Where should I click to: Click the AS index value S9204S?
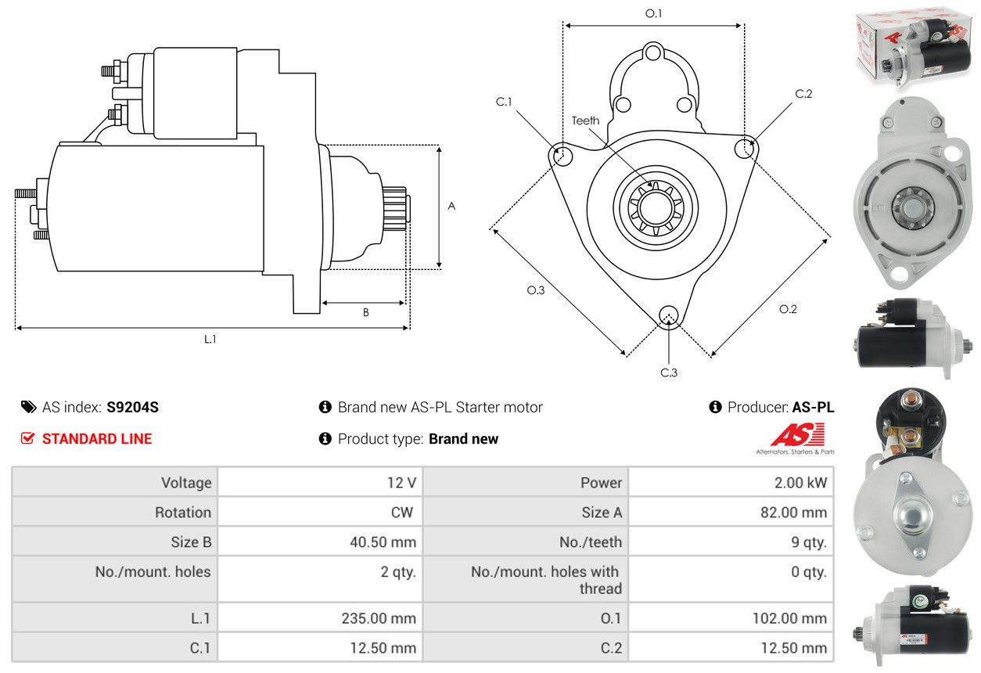[132, 407]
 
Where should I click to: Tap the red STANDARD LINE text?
[97, 439]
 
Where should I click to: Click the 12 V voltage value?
[401, 483]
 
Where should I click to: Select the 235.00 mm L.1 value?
[378, 618]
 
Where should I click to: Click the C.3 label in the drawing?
[669, 372]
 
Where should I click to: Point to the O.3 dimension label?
[536, 290]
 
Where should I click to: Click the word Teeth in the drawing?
[585, 121]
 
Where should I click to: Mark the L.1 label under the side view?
[210, 340]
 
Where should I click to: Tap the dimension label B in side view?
[365, 312]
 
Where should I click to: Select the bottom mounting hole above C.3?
[668, 315]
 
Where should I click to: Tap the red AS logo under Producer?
[797, 435]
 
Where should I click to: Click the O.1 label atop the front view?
[653, 13]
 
